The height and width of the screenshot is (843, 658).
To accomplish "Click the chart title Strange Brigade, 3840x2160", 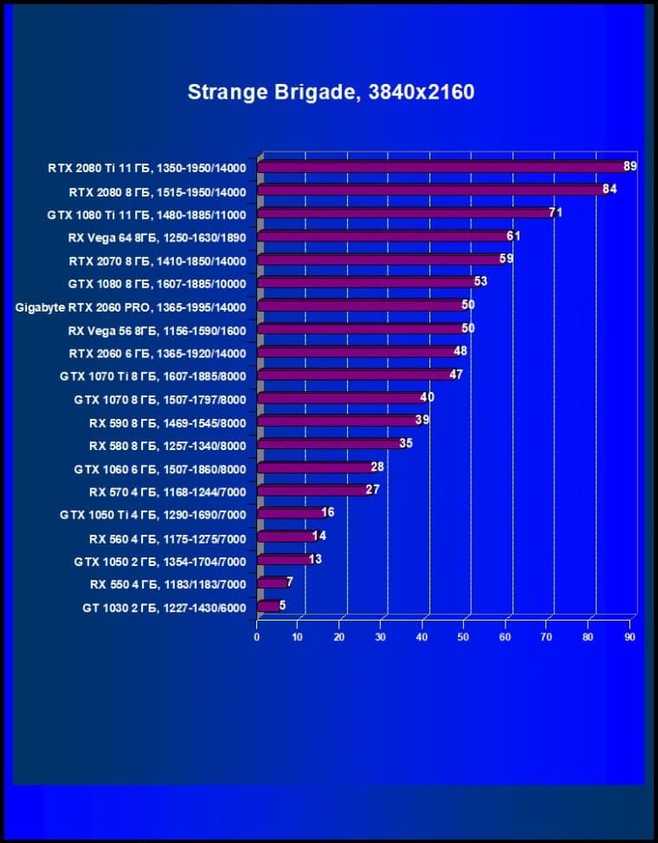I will click(x=331, y=92).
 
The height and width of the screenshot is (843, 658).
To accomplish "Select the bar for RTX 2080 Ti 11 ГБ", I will click(x=442, y=167).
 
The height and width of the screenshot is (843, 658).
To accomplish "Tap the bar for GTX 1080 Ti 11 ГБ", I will click(x=403, y=213).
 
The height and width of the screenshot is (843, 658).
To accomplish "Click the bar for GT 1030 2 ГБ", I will click(x=268, y=607).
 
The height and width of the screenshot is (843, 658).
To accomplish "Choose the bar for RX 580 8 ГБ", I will click(x=329, y=444).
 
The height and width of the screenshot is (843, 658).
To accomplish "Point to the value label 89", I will click(x=629, y=166).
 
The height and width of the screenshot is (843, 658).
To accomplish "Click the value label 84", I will click(x=609, y=190).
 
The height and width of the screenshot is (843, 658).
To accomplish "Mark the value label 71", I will click(x=555, y=212).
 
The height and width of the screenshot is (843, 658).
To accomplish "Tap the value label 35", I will click(x=406, y=443).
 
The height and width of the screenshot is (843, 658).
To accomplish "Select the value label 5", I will click(x=282, y=605).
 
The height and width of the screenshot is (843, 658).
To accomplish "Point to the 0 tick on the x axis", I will click(x=257, y=637).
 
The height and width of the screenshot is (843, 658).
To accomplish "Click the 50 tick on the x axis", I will click(x=464, y=637).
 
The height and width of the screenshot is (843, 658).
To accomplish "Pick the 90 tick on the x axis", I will click(x=629, y=637).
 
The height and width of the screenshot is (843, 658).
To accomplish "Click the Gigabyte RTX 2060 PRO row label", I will click(x=131, y=307).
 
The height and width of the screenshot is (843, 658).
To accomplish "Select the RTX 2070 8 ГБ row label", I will click(x=158, y=261).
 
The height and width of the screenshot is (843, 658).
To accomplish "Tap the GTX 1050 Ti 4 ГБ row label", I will click(x=152, y=515).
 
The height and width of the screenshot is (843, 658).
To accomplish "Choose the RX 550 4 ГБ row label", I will click(x=167, y=585).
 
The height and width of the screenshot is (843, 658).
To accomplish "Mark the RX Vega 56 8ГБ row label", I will click(x=157, y=331).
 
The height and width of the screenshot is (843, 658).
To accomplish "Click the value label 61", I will click(x=513, y=235).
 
